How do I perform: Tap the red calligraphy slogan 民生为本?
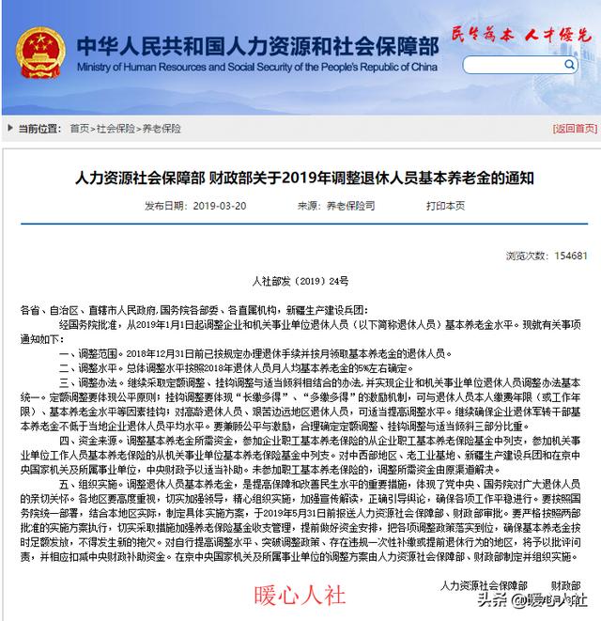click(x=481, y=35)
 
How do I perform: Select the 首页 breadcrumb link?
click(x=79, y=128)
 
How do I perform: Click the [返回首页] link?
click(x=572, y=128)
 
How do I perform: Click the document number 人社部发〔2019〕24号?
click(x=300, y=281)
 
